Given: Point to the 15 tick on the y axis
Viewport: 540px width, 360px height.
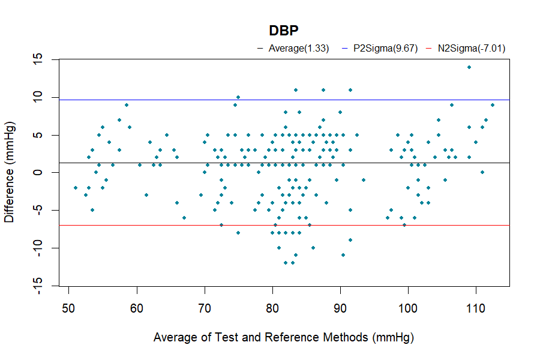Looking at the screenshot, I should coord(38,59).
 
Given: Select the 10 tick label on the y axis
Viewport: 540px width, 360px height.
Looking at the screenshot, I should coord(38,97).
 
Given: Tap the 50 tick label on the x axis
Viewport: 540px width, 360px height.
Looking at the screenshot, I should coord(69,308).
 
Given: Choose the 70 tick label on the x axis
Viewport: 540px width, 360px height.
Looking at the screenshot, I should coord(205,308).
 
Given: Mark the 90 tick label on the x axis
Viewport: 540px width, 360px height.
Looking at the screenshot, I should coord(341,308).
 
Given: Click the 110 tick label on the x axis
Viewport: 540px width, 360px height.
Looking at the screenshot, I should coord(476,308).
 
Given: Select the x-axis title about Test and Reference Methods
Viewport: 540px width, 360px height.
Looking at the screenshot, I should coord(283,337).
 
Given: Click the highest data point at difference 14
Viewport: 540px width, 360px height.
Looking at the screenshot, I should coord(469,67).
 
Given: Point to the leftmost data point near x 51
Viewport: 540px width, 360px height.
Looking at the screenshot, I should coord(76,188).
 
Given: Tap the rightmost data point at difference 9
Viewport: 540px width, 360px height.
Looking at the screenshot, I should coord(493,105).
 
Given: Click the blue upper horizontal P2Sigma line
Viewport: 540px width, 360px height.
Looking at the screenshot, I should coord(180,100).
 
